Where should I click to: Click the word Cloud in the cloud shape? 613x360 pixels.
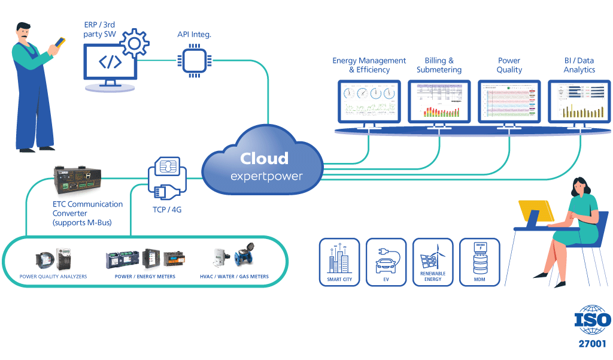[264, 159]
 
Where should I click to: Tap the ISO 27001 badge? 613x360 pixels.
[592, 326]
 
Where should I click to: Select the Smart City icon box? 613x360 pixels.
[339, 262]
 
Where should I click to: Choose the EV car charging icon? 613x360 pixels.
[386, 262]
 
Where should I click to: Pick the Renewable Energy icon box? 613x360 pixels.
[433, 262]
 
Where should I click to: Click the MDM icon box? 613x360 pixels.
[479, 262]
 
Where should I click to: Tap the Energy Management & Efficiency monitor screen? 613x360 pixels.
[369, 101]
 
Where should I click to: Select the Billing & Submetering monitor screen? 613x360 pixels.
[439, 101]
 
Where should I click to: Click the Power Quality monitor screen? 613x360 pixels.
[509, 101]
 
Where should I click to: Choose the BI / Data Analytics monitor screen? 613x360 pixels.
[579, 101]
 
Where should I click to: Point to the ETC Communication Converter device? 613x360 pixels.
[77, 180]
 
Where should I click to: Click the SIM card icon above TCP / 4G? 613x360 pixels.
[167, 166]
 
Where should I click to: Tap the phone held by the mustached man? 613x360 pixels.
[60, 41]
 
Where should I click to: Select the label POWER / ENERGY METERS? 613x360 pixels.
[145, 277]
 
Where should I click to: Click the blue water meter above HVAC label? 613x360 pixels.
[245, 258]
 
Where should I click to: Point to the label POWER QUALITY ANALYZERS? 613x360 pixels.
[53, 277]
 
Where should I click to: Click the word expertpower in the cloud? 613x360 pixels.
[266, 177]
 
